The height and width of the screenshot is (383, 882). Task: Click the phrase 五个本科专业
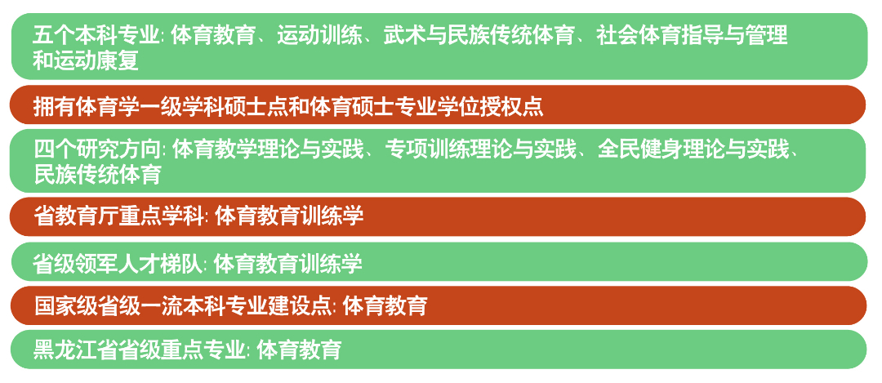tap(96, 35)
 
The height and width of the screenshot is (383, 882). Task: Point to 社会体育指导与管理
tap(692, 35)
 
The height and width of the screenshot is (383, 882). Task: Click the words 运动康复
tap(86, 60)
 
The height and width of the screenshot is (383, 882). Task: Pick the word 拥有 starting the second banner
tap(54, 105)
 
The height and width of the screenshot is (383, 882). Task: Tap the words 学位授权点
tap(491, 105)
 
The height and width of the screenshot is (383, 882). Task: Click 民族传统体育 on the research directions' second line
tap(97, 174)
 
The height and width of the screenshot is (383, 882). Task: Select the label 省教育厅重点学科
tap(118, 216)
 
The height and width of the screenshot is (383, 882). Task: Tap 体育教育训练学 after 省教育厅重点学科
tap(289, 216)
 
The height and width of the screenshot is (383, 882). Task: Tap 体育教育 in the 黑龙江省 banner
tap(299, 350)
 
